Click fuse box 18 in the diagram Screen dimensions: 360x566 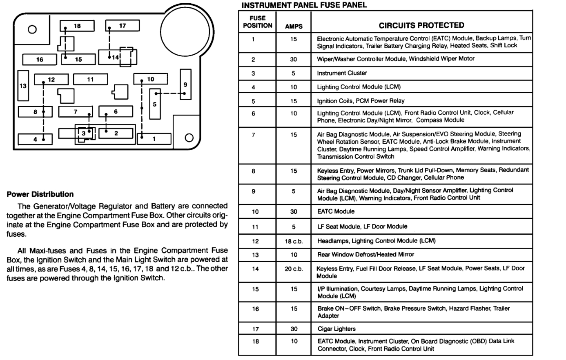77,26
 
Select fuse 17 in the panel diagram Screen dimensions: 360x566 122,25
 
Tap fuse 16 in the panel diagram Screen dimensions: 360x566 39,59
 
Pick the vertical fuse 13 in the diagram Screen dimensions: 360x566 23,86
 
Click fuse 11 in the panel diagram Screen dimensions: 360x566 90,79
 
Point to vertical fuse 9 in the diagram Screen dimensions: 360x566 185,84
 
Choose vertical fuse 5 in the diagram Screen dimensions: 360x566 155,104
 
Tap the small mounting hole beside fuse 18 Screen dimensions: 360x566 32,29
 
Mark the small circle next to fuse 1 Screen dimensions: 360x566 189,138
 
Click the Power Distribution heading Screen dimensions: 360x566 40,194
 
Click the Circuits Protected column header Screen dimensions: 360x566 421,25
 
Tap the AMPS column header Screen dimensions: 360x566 294,26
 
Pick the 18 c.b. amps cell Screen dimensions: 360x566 294,241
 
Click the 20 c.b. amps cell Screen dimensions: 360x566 294,269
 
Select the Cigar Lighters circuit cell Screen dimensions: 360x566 336,329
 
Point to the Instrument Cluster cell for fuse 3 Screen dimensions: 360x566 342,73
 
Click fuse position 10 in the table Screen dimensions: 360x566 255,211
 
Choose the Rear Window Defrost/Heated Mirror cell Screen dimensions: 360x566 365,254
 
